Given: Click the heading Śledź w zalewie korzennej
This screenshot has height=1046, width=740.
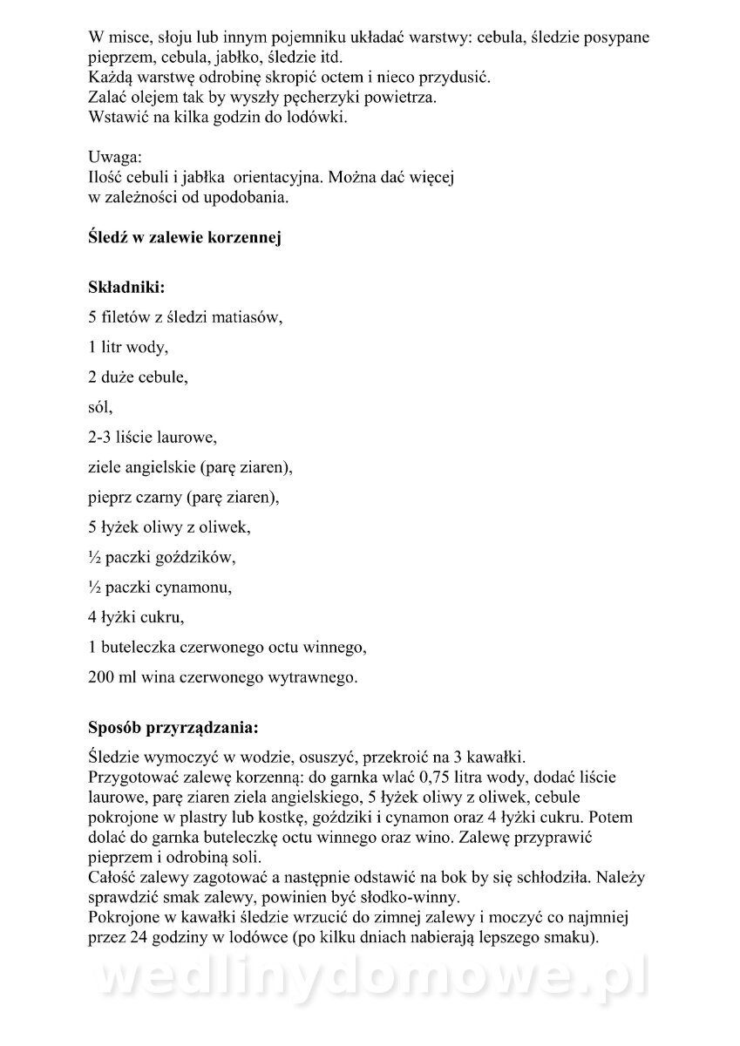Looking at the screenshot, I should tap(184, 237).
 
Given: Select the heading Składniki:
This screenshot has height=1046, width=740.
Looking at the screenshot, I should tap(126, 287).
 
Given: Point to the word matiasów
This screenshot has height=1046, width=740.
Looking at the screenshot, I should tap(248, 318).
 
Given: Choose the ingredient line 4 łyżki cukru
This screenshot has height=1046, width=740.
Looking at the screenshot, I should tap(136, 619).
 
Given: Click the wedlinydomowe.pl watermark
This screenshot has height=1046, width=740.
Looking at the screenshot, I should tap(370, 982).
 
